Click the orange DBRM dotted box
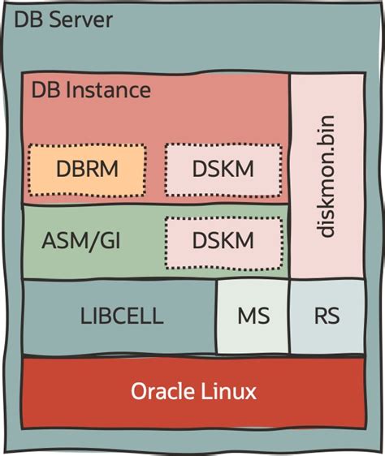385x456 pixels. (x=87, y=170)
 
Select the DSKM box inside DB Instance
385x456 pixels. (x=223, y=170)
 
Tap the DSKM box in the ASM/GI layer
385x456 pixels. (x=223, y=241)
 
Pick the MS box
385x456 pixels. (x=253, y=316)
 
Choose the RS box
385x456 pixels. (x=327, y=316)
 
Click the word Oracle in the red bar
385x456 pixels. (x=162, y=392)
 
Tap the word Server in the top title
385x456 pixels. (x=82, y=20)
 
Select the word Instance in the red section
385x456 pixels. (x=109, y=89)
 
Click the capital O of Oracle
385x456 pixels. (x=139, y=392)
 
